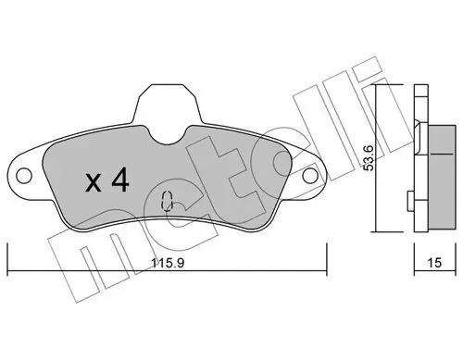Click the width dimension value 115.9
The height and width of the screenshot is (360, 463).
click(x=167, y=262)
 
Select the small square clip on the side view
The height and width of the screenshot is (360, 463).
click(x=409, y=196)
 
